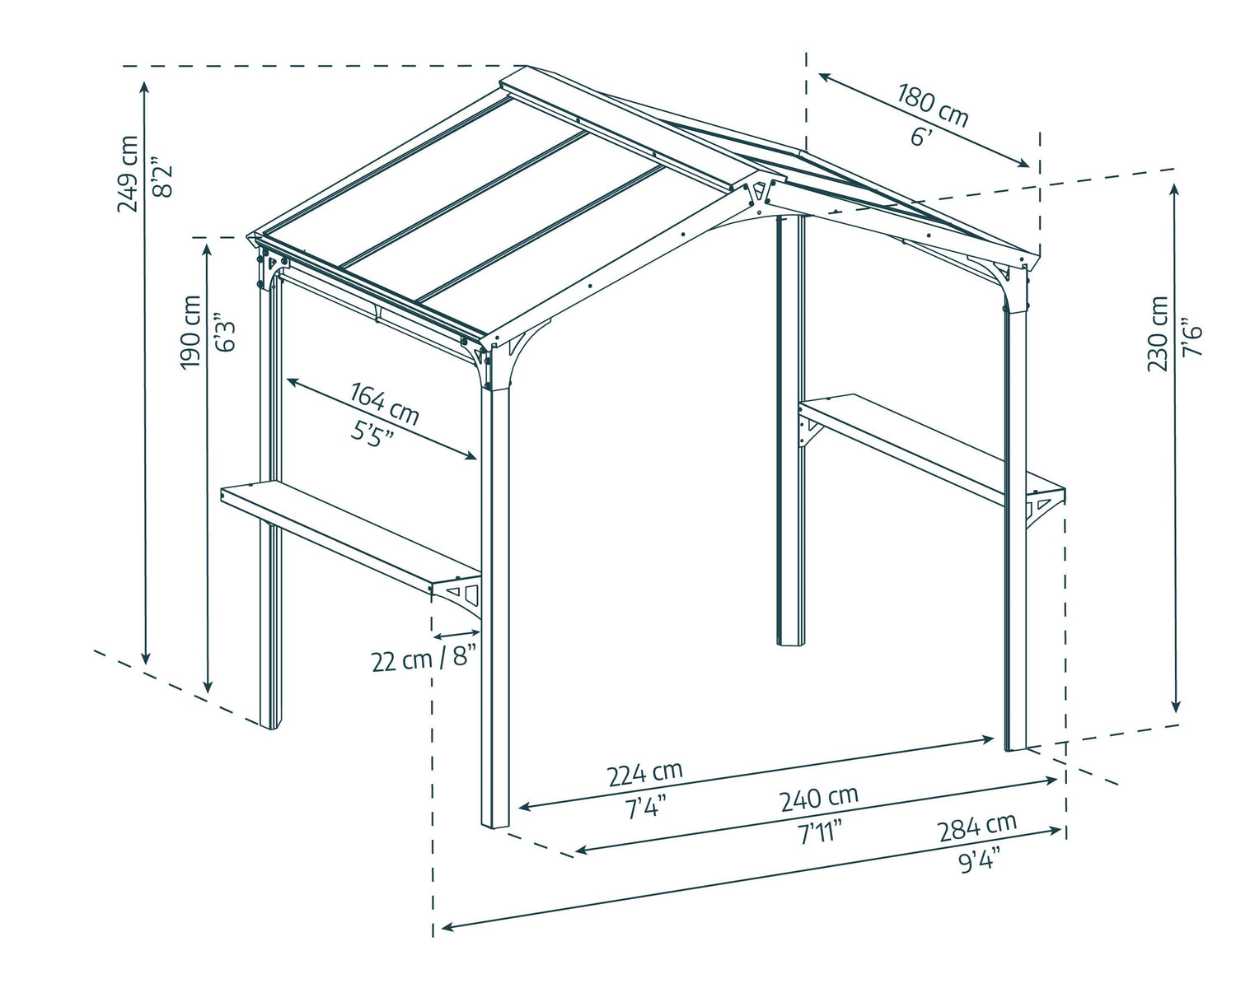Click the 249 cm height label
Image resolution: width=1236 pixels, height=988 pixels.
pyautogui.click(x=129, y=174)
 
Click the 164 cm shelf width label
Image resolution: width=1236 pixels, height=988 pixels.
pyautogui.click(x=385, y=403)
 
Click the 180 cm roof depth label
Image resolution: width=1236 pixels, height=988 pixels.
pyautogui.click(x=933, y=105)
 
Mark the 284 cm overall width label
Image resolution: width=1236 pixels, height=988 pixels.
pyautogui.click(x=977, y=826)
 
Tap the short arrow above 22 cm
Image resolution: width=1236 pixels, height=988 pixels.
pyautogui.click(x=457, y=635)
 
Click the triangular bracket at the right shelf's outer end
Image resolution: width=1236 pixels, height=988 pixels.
pyautogui.click(x=1042, y=506)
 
